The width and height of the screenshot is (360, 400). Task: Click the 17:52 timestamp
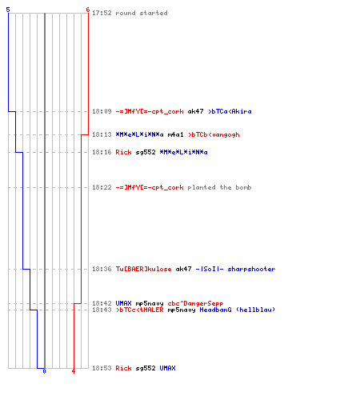[x=102, y=13]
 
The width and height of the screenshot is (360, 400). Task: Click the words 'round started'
[x=142, y=13]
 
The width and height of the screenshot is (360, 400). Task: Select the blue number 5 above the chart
[x=8, y=10]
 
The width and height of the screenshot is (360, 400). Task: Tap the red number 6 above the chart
[x=88, y=10]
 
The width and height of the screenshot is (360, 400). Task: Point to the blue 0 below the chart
[x=44, y=371]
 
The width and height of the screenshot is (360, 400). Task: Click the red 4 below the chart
[x=74, y=371]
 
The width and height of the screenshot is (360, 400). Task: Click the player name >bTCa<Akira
[x=230, y=111]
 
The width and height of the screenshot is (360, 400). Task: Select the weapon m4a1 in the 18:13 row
[x=175, y=134]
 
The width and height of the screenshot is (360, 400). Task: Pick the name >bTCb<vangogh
[x=214, y=134]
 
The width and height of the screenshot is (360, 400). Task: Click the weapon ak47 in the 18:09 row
[x=195, y=111]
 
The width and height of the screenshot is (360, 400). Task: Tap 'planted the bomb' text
[x=219, y=187]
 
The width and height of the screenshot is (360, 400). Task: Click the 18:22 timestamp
[x=102, y=187]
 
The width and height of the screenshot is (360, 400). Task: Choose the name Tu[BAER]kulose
[x=143, y=269]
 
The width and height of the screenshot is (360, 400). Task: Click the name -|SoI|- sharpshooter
[x=235, y=269]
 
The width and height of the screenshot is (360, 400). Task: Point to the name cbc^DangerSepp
[x=195, y=303]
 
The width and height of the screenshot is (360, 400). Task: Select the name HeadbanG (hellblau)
[x=238, y=310]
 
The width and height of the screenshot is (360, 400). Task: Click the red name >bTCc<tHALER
[x=139, y=310]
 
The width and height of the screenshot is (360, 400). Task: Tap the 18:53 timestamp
[x=102, y=368]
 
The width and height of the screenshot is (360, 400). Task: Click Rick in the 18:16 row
[x=123, y=152]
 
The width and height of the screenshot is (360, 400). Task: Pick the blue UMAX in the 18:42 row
[x=123, y=303]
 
